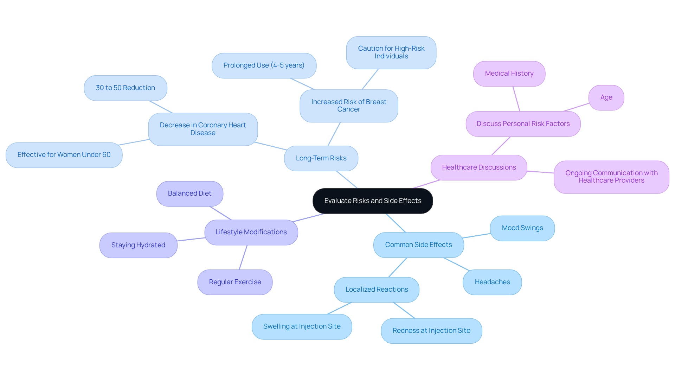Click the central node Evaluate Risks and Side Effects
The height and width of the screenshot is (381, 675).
[373, 201]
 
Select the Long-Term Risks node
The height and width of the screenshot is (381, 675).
[321, 158]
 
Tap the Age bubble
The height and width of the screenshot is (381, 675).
[606, 97]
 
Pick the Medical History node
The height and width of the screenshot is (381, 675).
[509, 74]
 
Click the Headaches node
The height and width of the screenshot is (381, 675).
[492, 282]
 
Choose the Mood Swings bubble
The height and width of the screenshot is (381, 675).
[522, 228]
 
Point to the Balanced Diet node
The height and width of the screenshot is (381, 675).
[189, 193]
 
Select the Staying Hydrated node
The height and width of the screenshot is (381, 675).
[138, 245]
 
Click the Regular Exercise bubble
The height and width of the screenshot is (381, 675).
[235, 282]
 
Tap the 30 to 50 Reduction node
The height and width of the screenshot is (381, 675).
[126, 88]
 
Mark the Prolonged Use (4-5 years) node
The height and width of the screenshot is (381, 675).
[264, 65]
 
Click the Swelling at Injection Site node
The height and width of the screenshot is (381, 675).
[302, 326]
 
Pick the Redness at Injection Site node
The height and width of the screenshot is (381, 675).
[431, 331]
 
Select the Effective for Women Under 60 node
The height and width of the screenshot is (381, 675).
[64, 155]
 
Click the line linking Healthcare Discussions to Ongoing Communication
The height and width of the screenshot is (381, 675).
[540, 172]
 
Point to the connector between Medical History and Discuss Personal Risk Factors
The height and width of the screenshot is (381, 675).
[516, 99]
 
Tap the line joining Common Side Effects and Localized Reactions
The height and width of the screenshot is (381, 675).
[398, 267]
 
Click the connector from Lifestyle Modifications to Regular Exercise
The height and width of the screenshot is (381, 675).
[243, 258]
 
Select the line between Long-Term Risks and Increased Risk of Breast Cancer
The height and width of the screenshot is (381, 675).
[334, 134]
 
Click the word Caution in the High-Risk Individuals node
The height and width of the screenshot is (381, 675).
[370, 49]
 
